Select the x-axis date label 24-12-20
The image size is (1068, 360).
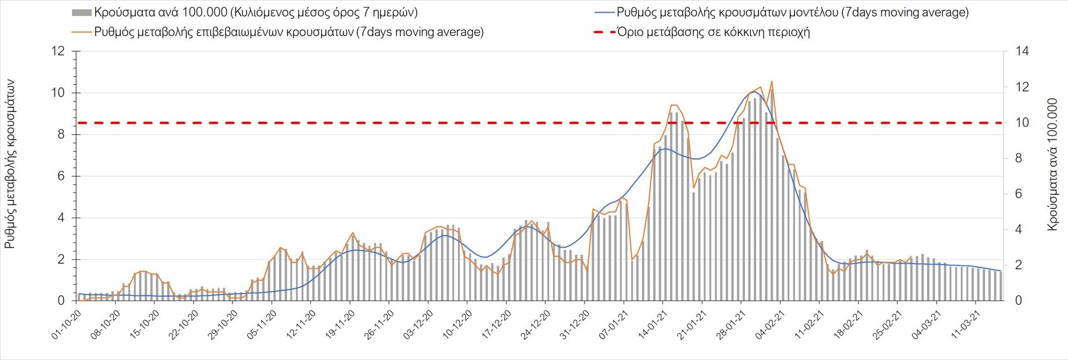(535, 325)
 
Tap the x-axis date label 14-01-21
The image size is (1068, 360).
(652, 325)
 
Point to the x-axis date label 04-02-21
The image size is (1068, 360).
(769, 325)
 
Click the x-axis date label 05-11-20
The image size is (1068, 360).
(262, 325)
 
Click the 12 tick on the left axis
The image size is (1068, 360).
(58, 51)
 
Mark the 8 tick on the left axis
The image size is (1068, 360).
(61, 135)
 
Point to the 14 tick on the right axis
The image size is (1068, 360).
(1022, 51)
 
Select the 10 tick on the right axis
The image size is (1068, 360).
(1022, 122)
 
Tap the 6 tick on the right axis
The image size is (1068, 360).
(1019, 194)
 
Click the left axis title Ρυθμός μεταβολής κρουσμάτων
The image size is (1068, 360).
(9, 164)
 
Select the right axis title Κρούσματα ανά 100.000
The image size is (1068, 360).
(1052, 164)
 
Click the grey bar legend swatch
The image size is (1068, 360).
(82, 12)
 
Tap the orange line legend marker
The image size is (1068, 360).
(82, 32)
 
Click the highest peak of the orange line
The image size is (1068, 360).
(772, 82)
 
